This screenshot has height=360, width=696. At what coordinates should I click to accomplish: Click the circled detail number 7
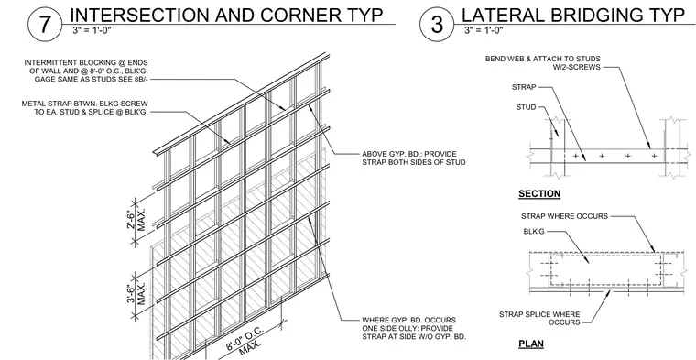coord(44,24)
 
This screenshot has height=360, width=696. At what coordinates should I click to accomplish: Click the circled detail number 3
coord(437,24)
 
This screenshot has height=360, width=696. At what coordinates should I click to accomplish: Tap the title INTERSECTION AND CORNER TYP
coord(226,15)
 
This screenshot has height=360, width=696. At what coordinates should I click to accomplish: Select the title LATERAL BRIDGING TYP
coord(573,15)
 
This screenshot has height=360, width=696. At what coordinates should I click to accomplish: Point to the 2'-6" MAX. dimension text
coord(136,221)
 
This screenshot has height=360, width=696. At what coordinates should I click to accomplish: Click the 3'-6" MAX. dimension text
coord(136,295)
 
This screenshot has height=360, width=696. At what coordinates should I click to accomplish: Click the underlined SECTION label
coord(539,193)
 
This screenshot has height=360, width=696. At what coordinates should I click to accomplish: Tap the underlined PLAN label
coord(531,344)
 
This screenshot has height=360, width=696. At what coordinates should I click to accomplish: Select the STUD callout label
coord(526,107)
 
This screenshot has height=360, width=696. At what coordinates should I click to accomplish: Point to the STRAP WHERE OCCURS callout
coord(565,216)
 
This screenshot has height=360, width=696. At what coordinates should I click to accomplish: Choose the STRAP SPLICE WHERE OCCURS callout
coord(539,318)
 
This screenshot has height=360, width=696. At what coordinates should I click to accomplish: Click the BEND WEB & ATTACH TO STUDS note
coord(543,62)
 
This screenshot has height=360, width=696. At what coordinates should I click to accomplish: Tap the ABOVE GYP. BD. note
coord(414,158)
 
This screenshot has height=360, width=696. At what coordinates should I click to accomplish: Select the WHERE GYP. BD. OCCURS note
coord(414,328)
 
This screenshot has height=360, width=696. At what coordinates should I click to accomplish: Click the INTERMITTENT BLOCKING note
coord(86,71)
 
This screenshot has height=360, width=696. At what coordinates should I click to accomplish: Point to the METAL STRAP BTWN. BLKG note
coord(85,107)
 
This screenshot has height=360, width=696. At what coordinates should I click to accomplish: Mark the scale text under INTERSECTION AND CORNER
coord(93,30)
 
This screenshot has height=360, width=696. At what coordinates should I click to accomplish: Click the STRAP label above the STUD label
coord(524,87)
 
